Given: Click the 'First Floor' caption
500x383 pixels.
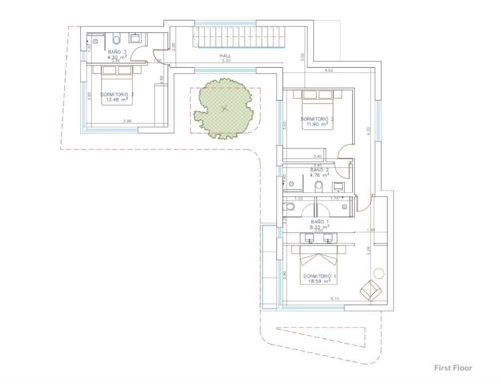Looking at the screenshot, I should [453, 368].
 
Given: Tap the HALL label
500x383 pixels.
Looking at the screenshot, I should [226, 56].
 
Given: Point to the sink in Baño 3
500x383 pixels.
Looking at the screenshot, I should [135, 38].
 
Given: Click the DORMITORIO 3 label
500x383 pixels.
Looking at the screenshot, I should [117, 94].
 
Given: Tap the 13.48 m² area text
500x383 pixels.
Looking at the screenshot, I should [117, 99].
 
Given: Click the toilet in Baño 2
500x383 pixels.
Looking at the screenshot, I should [319, 187].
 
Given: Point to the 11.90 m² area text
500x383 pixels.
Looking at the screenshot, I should [317, 124].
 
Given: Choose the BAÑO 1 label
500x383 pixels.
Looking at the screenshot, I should [320, 221].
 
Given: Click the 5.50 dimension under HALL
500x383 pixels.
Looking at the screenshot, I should [226, 61].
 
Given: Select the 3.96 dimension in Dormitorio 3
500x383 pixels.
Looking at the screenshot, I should [128, 121].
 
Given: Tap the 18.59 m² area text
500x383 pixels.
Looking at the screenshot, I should [320, 281].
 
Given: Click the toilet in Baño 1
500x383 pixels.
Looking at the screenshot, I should [289, 206].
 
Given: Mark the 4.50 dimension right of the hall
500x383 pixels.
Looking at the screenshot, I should [329, 71].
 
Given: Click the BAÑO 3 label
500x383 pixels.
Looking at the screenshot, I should [117, 51].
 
